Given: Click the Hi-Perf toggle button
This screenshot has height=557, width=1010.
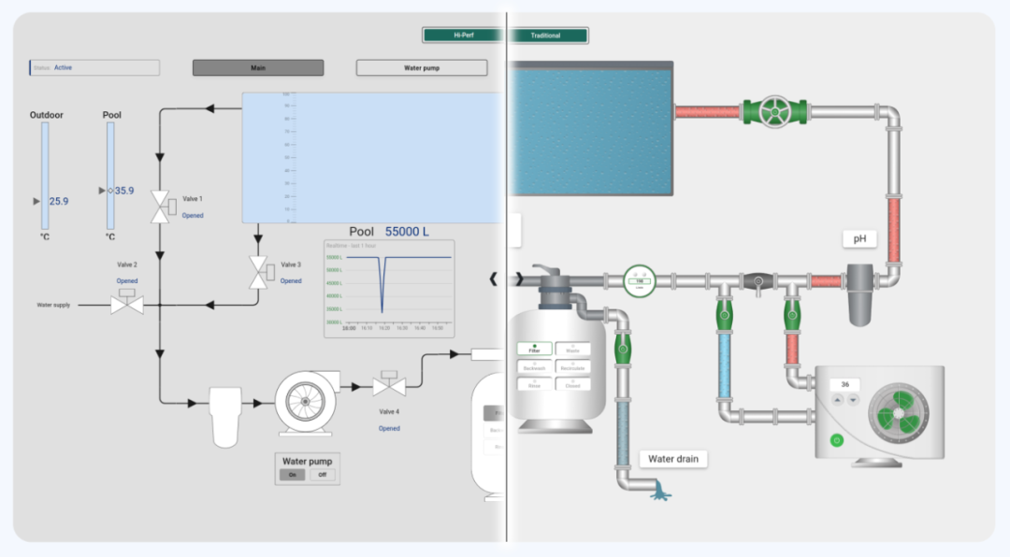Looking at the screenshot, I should (x=464, y=36).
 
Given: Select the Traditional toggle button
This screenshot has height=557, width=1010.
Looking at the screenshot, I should (x=546, y=36).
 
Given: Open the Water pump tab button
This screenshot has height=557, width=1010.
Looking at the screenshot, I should (x=422, y=68).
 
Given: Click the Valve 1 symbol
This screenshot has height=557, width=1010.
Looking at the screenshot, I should (x=161, y=207).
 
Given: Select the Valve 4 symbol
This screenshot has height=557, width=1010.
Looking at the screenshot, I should (x=388, y=384).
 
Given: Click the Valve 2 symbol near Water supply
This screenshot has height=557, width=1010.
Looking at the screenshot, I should (x=127, y=303).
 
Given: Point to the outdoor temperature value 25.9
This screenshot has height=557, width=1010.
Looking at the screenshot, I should (x=59, y=201).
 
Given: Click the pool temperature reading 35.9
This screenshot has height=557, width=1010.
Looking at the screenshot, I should (x=124, y=191).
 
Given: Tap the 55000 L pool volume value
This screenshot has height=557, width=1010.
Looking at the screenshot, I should (x=408, y=232).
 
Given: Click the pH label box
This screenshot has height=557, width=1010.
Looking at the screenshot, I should (x=859, y=239).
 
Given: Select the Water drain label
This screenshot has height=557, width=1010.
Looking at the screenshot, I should (x=673, y=459).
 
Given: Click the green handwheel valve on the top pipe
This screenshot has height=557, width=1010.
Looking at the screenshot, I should (x=773, y=112).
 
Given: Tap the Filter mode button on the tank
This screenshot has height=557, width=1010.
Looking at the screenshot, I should (x=535, y=350).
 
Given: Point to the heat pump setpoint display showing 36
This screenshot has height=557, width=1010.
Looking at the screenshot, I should (x=845, y=384).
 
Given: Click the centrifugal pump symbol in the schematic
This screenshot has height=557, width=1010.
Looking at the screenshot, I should (x=304, y=403).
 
